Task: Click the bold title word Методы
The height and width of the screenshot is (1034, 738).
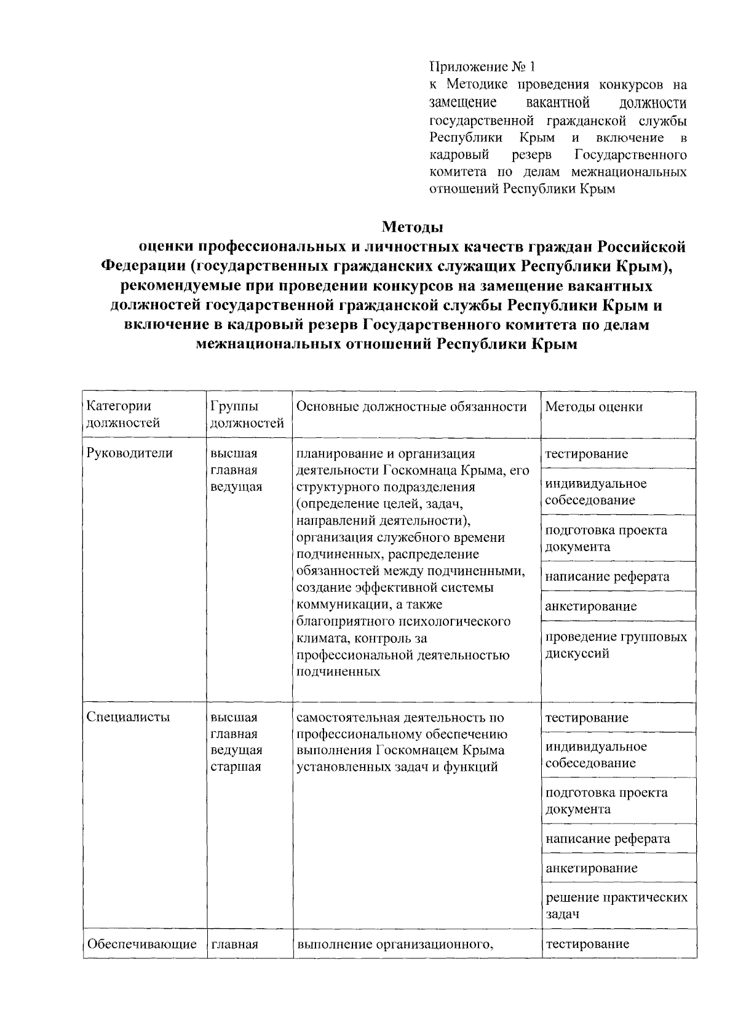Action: (x=412, y=227)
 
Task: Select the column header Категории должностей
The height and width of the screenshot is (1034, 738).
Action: (x=123, y=414)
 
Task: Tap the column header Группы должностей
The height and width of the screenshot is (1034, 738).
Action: (x=247, y=414)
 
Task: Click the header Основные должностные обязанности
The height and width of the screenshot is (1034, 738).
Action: (x=411, y=407)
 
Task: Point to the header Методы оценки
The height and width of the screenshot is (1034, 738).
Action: (x=593, y=407)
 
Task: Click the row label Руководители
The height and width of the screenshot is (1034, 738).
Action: (x=130, y=453)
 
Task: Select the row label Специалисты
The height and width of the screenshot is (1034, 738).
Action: (x=129, y=717)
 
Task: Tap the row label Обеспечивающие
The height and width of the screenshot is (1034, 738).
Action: (x=142, y=944)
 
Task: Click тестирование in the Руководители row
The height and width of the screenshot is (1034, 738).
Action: (x=586, y=454)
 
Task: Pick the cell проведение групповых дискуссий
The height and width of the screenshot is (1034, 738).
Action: (x=616, y=645)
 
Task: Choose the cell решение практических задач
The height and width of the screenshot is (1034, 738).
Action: (x=616, y=905)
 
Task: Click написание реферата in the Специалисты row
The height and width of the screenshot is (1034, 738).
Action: (x=608, y=838)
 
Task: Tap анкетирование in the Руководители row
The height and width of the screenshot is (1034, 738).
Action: (x=591, y=606)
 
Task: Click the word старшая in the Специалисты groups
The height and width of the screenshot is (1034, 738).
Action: (x=236, y=766)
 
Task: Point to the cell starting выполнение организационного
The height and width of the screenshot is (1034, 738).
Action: (x=396, y=944)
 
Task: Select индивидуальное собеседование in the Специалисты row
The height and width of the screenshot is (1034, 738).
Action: (x=596, y=755)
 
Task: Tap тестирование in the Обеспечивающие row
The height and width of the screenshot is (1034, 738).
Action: (x=587, y=944)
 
